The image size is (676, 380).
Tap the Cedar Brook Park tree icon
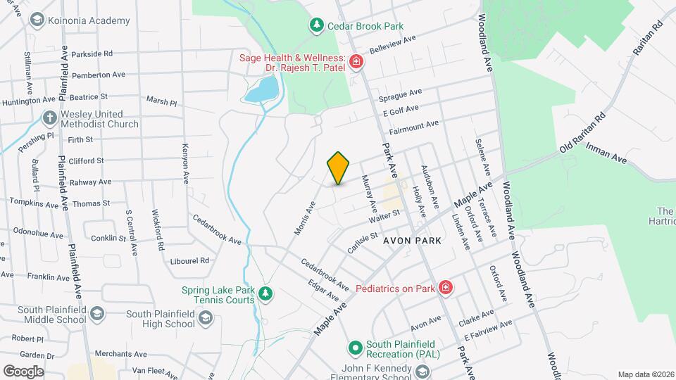pyautogui.click(x=317, y=26)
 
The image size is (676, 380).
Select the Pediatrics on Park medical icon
pyautogui.click(x=445, y=287)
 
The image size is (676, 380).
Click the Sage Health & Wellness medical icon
pyautogui.click(x=356, y=62)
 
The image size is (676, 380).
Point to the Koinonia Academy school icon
pyautogui.click(x=36, y=20)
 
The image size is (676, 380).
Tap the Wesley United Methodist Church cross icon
pyautogui.click(x=49, y=118)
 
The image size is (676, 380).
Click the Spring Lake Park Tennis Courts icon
pyautogui.click(x=265, y=293)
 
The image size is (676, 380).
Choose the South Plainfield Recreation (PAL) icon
pyautogui.click(x=356, y=347)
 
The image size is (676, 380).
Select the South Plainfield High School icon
pyautogui.click(x=205, y=319)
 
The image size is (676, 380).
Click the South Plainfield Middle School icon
pyautogui.click(x=96, y=313)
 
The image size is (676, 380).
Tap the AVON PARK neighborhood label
pyautogui.click(x=413, y=241)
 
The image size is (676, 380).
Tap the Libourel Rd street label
pyautogui.click(x=190, y=260)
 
